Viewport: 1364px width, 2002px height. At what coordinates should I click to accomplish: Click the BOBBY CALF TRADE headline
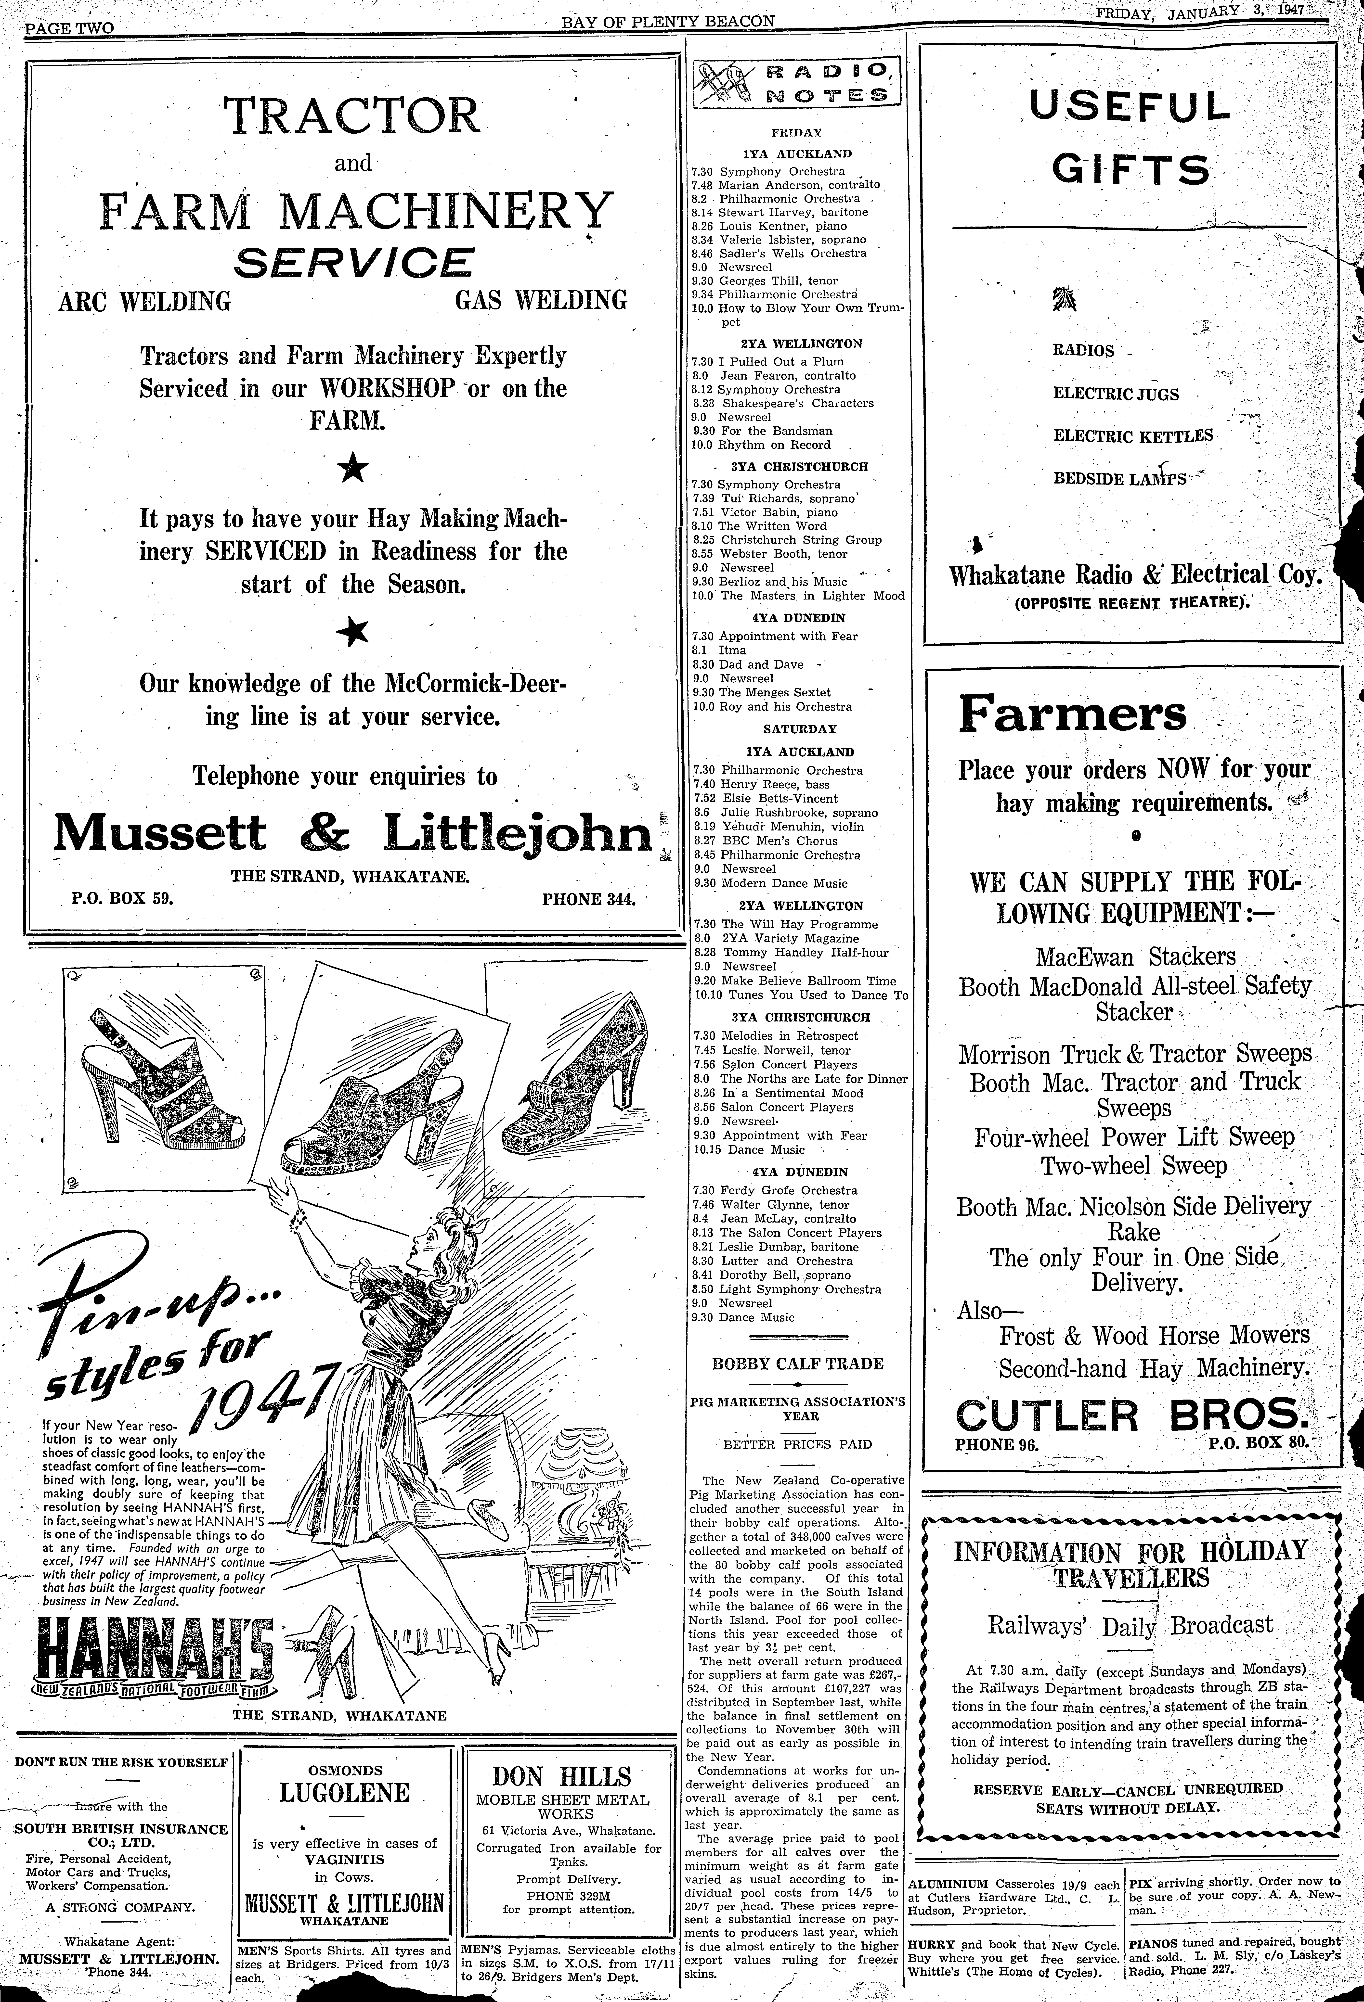tap(797, 1364)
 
